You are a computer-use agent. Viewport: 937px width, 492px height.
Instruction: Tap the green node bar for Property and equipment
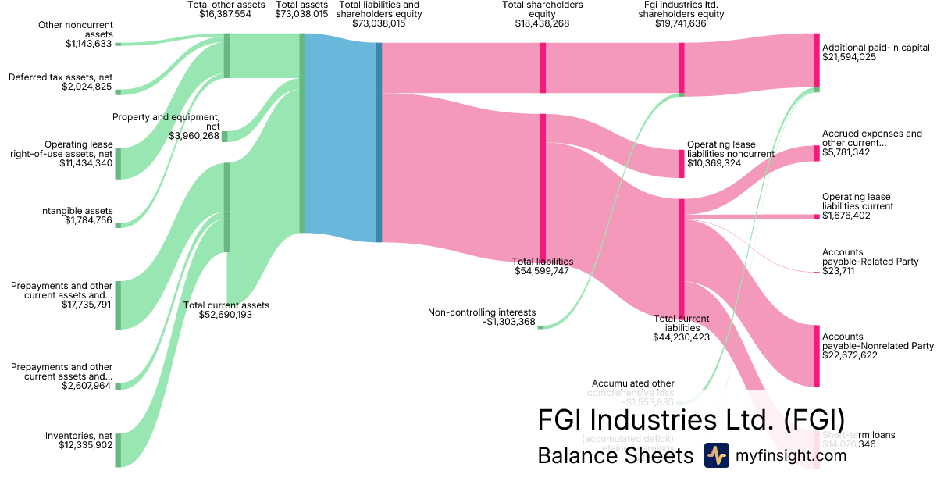224,137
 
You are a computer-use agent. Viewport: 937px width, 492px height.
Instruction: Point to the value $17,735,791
87,305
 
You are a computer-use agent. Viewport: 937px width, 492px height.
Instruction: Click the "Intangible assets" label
77,211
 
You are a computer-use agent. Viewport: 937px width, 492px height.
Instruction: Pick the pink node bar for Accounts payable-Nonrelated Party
817,355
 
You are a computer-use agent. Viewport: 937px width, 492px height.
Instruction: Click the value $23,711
838,272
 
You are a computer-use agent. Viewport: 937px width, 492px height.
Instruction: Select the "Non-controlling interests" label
482,312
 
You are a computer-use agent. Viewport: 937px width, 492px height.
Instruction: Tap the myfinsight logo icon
716,455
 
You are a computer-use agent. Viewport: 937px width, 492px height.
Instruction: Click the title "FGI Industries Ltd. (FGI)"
691,419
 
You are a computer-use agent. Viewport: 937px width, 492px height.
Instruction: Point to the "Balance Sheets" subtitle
615,456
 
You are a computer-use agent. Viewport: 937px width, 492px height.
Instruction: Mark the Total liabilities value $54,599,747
541,272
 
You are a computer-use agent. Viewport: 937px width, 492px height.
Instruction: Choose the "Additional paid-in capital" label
875,48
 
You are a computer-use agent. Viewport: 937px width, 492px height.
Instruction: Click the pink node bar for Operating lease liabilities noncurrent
681,163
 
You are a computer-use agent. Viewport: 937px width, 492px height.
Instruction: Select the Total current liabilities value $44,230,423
681,337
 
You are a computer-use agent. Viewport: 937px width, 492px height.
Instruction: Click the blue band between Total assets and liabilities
340,137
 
